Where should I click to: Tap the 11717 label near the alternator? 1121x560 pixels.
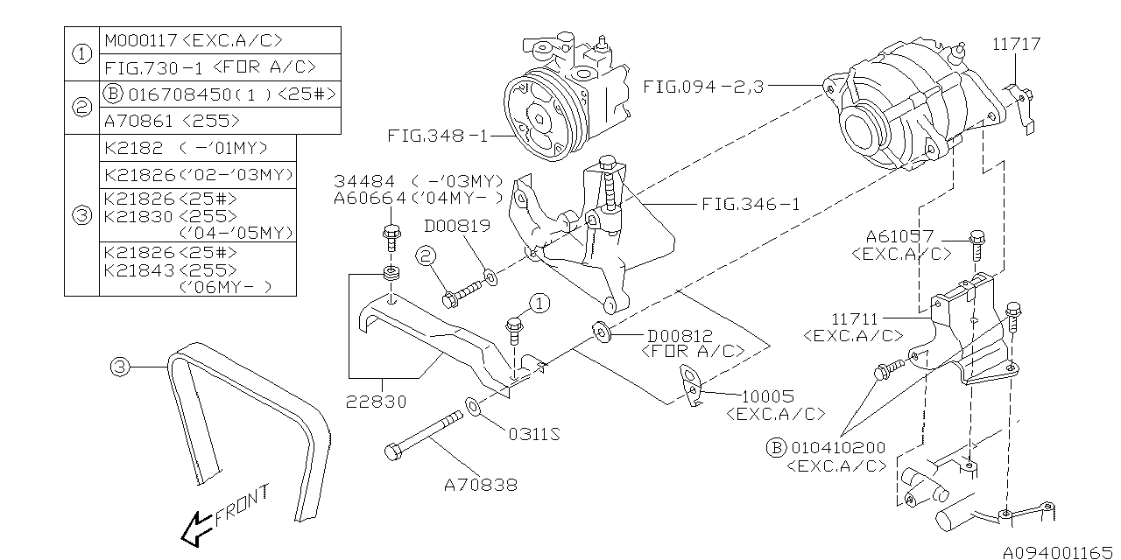pos(1017,44)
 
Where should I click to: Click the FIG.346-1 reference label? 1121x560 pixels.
pos(751,205)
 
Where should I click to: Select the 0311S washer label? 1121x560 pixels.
pos(528,435)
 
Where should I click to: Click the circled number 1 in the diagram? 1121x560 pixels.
pos(538,303)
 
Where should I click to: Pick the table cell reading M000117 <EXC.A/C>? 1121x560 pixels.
pos(194,40)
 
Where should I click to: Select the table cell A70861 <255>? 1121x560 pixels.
pos(172,121)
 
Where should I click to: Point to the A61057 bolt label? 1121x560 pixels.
pos(899,236)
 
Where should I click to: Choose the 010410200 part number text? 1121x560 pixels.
pos(836,448)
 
